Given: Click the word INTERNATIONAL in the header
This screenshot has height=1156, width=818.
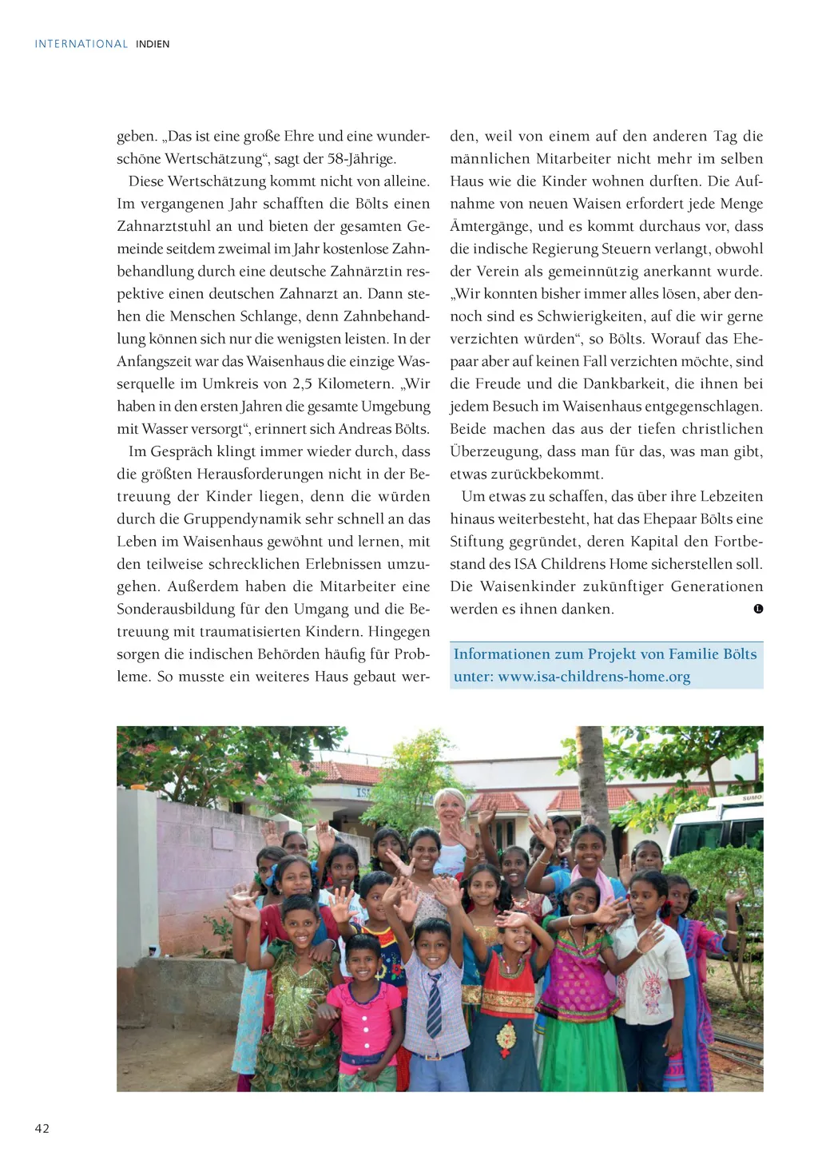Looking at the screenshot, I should [x=81, y=44].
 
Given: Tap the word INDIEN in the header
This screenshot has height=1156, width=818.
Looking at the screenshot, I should [x=153, y=44].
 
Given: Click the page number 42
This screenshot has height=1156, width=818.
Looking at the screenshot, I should [x=42, y=1128].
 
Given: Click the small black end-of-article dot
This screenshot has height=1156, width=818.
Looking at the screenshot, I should [x=758, y=609].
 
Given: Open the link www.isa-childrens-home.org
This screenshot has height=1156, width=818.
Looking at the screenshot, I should [x=594, y=677].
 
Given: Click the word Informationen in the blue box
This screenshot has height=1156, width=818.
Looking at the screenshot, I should [x=502, y=654].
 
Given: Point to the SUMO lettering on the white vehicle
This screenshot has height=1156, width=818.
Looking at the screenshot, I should [x=752, y=798].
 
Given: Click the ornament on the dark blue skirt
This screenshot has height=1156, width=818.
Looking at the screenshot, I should [x=506, y=1036].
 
